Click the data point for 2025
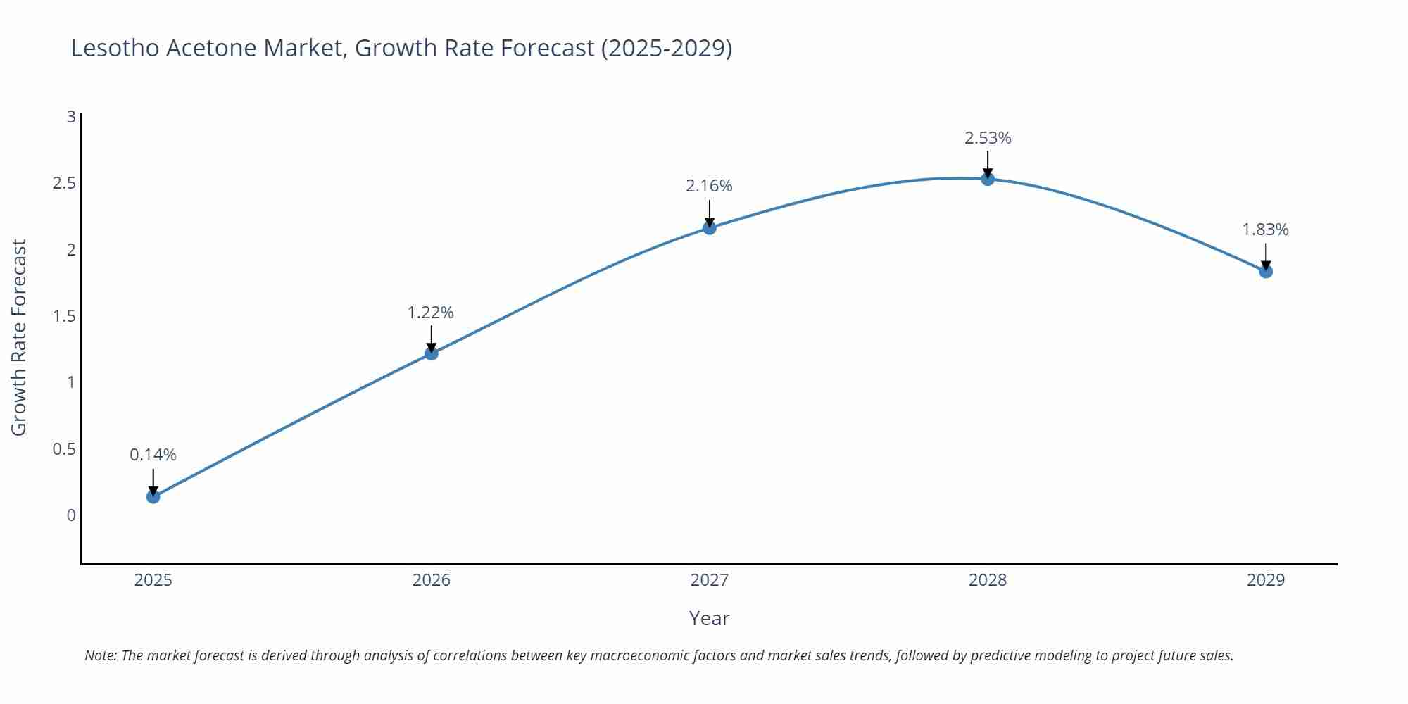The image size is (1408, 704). pos(153,496)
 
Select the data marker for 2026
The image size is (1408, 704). pos(432,353)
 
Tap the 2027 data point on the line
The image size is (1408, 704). pos(710,227)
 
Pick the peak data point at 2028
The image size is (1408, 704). pos(988,179)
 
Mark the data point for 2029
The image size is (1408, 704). pos(1266,271)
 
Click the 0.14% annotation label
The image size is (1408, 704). pos(153,455)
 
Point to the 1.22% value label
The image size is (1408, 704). pos(431,312)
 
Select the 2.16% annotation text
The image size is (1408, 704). pos(709,186)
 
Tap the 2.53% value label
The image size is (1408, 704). pos(988,138)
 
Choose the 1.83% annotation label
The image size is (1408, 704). pos(1265,230)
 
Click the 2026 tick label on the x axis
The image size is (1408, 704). pos(431,580)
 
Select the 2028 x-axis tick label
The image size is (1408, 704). pos(988,580)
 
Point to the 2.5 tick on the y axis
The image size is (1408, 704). pos(64,183)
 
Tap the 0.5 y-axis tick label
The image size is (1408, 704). pos(64,449)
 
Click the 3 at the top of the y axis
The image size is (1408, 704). pos(71,117)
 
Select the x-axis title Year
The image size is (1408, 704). pos(709,618)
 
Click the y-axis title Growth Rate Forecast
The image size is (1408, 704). pos(19,337)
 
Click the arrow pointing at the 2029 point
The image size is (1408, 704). pos(1266,257)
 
